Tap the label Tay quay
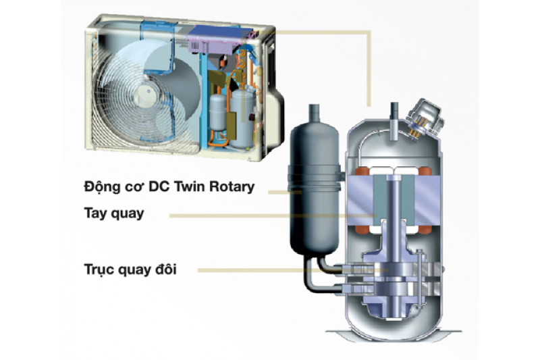[x=115, y=213]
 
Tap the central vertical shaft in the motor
[x=394, y=203]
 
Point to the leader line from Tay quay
[x=270, y=215]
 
